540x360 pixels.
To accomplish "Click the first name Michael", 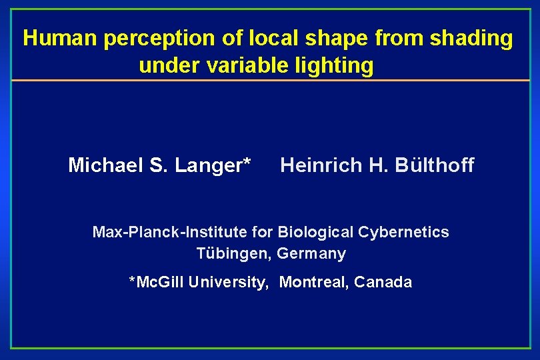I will point(103,165).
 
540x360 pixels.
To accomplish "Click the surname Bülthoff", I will point(434,165).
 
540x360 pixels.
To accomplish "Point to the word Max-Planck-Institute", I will point(170,232).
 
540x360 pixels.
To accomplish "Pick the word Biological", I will point(315,232).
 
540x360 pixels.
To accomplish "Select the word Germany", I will point(311,253).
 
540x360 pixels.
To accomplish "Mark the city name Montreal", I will point(313,282).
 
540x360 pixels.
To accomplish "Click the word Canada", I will point(383,282).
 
